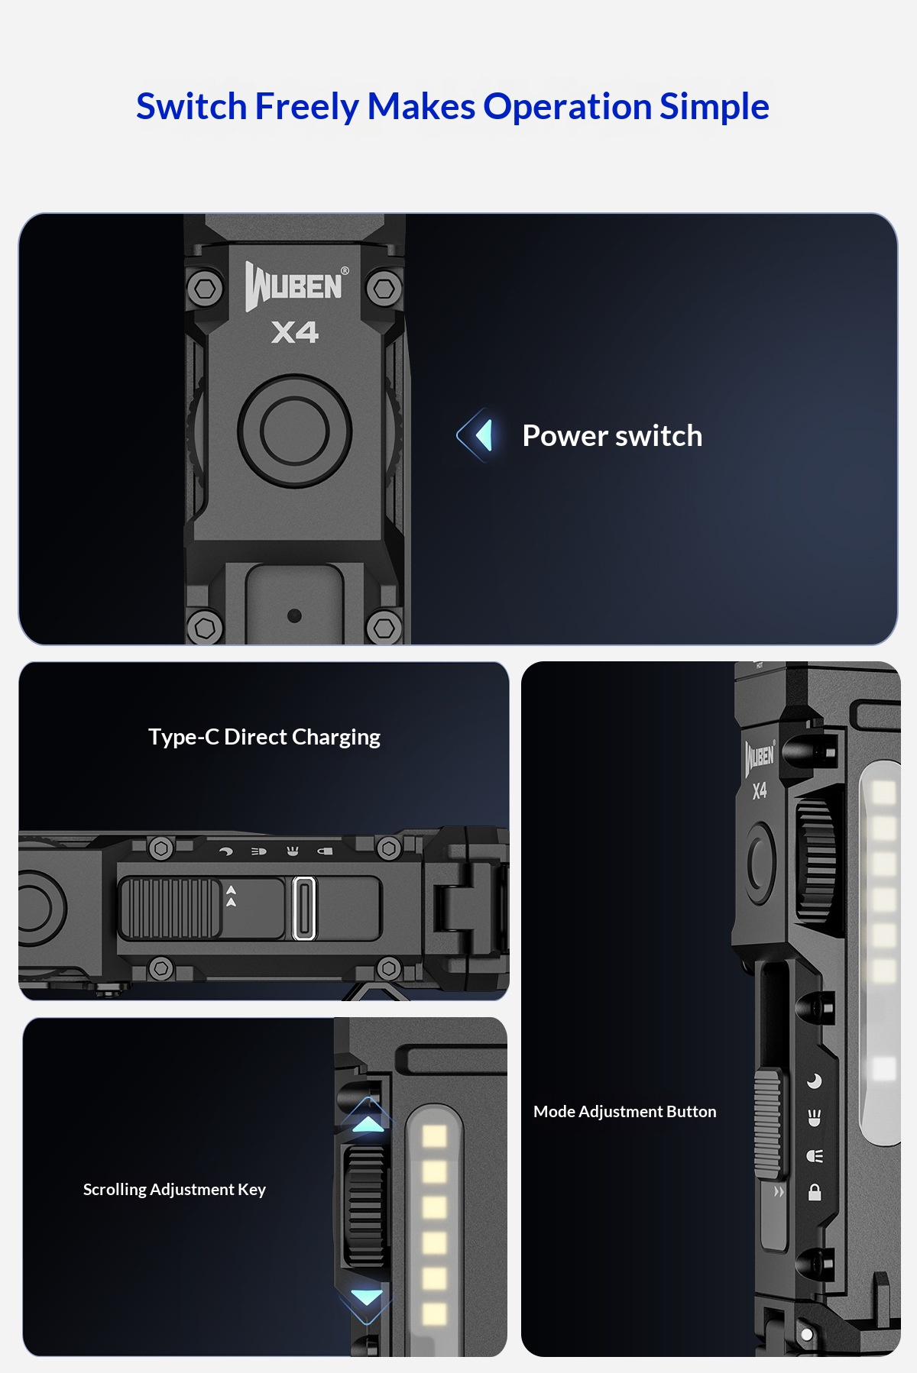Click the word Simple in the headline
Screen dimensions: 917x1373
pos(714,106)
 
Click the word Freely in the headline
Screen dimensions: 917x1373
pos(306,106)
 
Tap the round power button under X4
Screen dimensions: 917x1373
pos(294,430)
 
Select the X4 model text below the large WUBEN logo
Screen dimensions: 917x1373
pos(295,332)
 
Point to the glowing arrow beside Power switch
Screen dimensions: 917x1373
pos(476,435)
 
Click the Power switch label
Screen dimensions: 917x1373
pos(612,435)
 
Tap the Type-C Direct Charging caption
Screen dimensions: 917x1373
pos(264,737)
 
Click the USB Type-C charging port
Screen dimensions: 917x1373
pos(304,908)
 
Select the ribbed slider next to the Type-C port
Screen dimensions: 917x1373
pos(170,908)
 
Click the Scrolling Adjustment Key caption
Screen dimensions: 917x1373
pos(174,1190)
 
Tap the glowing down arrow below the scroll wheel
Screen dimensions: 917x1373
pos(367,1297)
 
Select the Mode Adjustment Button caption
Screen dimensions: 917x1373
pos(625,1112)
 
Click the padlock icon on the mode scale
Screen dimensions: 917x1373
pos(815,1192)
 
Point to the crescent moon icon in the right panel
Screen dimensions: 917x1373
pos(815,1081)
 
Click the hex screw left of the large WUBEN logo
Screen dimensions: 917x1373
pos(205,289)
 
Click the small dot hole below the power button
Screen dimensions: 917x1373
pos(294,615)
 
